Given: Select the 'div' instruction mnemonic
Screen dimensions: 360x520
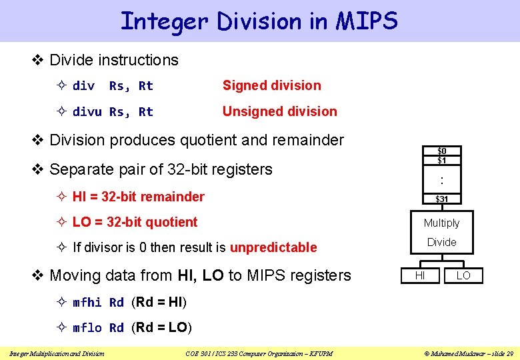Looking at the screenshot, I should pos(83,86).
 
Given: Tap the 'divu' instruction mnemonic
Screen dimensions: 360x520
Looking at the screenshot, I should pos(87,112).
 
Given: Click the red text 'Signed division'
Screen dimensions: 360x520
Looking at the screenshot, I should pos(271,85).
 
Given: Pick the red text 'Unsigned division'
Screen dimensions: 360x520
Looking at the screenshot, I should pos(279,111).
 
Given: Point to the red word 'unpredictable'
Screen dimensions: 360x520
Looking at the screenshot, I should pos(273,247).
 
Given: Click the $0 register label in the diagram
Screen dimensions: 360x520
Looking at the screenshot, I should pos(442,151).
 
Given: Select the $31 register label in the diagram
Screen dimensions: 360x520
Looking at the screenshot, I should pos(442,199).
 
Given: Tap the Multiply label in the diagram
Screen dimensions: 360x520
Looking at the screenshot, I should pos(442,223).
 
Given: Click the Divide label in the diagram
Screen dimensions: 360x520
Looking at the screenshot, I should pos(442,242).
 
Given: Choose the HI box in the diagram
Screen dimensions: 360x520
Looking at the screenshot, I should pos(420,275).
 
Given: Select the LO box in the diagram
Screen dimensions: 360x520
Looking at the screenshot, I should pos(463,275).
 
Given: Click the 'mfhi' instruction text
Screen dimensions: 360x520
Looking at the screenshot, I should pos(87,303).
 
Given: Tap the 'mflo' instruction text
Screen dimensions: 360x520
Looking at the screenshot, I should pos(87,328).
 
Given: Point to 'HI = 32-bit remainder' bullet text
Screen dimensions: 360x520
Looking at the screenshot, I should pos(138,197).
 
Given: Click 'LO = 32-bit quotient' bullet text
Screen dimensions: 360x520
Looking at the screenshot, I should pos(135,222).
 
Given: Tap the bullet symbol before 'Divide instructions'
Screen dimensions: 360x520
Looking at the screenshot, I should pos(38,60).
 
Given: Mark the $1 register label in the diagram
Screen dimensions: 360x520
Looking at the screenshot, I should pos(442,161).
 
